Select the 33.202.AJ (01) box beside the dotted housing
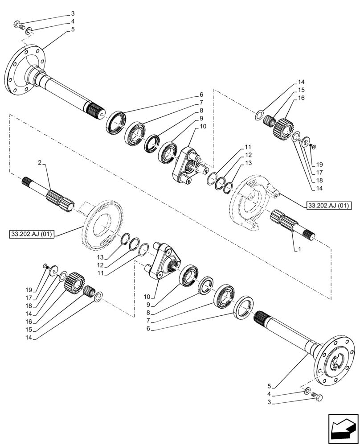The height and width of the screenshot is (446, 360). pos(329,205)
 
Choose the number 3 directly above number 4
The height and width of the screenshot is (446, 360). pos(73,14)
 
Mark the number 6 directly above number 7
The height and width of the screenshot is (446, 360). pos(201,95)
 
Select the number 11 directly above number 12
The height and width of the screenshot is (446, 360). pos(248,147)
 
